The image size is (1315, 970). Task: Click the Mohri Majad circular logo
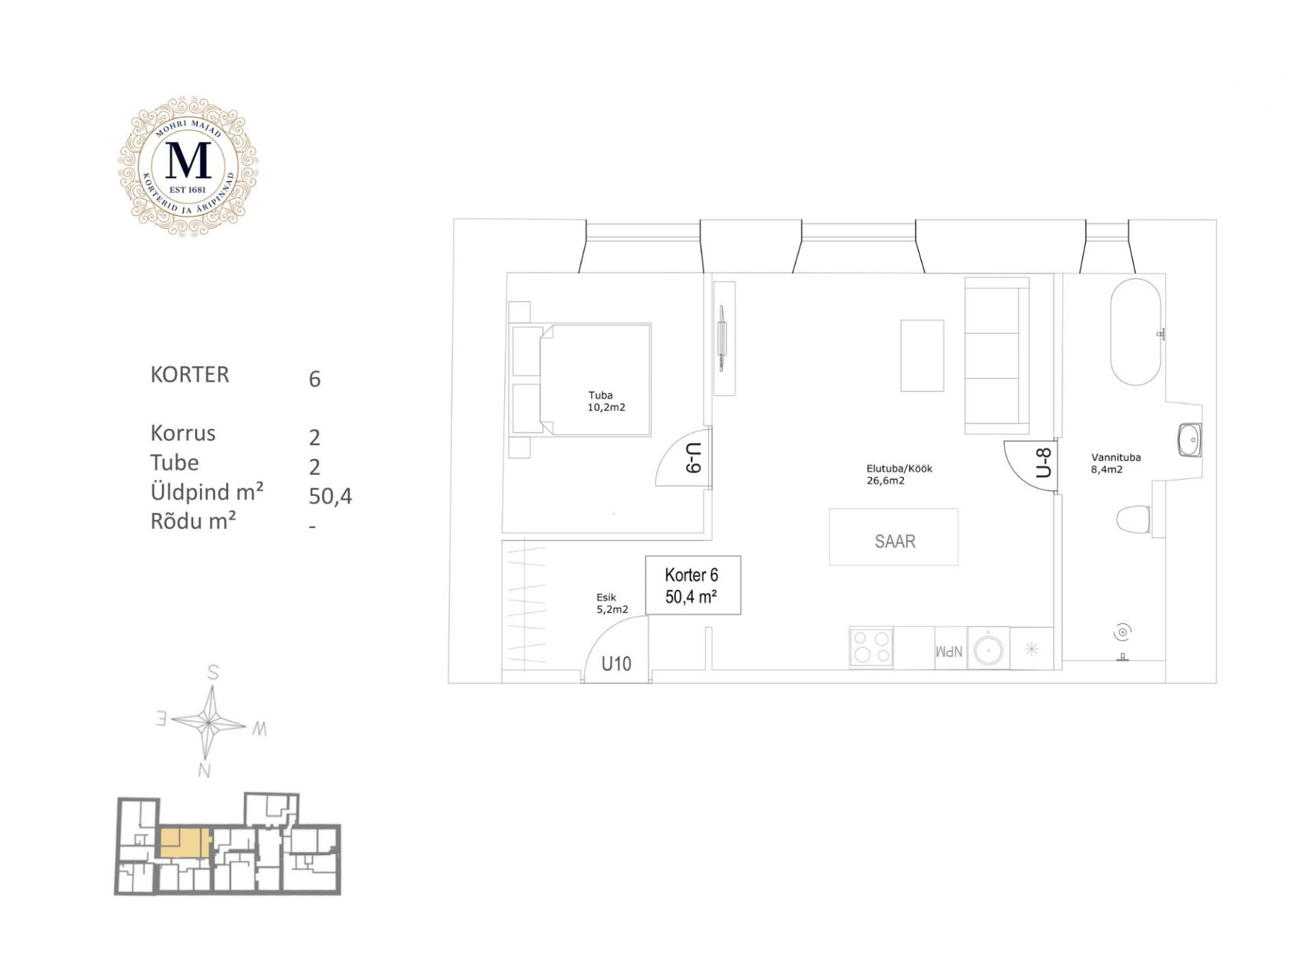point(188,166)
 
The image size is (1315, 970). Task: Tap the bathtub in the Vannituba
point(1136,332)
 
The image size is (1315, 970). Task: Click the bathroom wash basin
point(1190,440)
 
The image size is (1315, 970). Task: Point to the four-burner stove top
point(871,647)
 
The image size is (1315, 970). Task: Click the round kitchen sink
point(989,648)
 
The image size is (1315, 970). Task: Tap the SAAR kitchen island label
point(894,541)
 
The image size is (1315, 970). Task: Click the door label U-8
point(1044,462)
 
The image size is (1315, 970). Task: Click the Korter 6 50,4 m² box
point(693,585)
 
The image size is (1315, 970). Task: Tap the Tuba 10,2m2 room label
point(606,401)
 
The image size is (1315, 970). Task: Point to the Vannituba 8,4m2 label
point(1116,464)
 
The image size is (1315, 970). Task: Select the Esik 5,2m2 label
point(612,604)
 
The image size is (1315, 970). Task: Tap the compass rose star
point(208,721)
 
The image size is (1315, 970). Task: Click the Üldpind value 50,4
point(330,496)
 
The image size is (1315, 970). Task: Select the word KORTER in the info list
point(190,375)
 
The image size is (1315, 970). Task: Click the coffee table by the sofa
point(922,356)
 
